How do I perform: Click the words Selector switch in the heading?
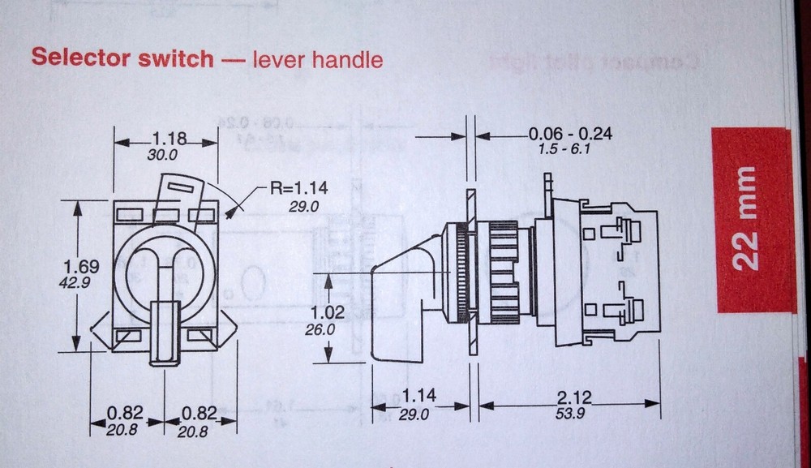click(122, 59)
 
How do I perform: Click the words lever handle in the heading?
click(317, 59)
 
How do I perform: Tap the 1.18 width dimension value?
click(165, 139)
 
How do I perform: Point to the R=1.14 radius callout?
click(298, 189)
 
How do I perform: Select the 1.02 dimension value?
click(328, 312)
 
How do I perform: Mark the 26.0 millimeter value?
click(320, 330)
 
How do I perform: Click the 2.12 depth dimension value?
click(573, 397)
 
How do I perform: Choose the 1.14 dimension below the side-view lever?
click(418, 396)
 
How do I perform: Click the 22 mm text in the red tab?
click(745, 219)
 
